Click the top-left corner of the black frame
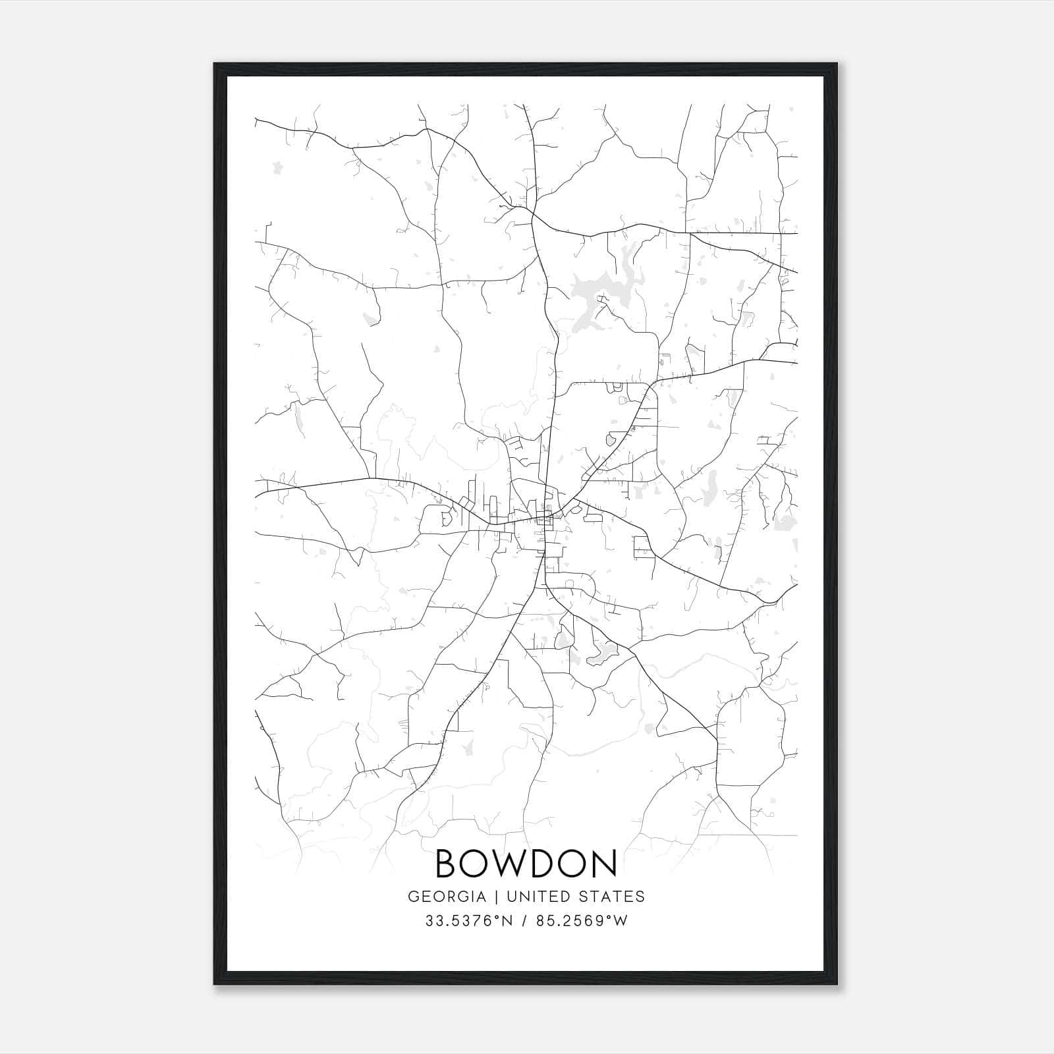(215, 64)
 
